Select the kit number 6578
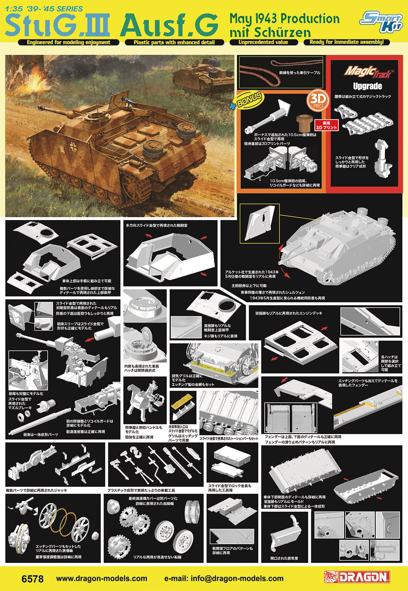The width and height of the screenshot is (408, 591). coord(33,579)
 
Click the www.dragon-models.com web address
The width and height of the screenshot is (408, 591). coord(102,578)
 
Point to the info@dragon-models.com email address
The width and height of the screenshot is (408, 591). coord(224,578)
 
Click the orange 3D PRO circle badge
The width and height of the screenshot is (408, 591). coord(316,101)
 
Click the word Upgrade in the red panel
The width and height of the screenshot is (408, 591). coord(367,86)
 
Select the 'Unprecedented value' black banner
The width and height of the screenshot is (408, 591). coord(263,42)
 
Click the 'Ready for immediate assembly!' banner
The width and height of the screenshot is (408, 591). coord(346,42)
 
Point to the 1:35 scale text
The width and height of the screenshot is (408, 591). coord(14,9)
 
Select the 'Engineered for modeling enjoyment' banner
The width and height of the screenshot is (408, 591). coord(68,43)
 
